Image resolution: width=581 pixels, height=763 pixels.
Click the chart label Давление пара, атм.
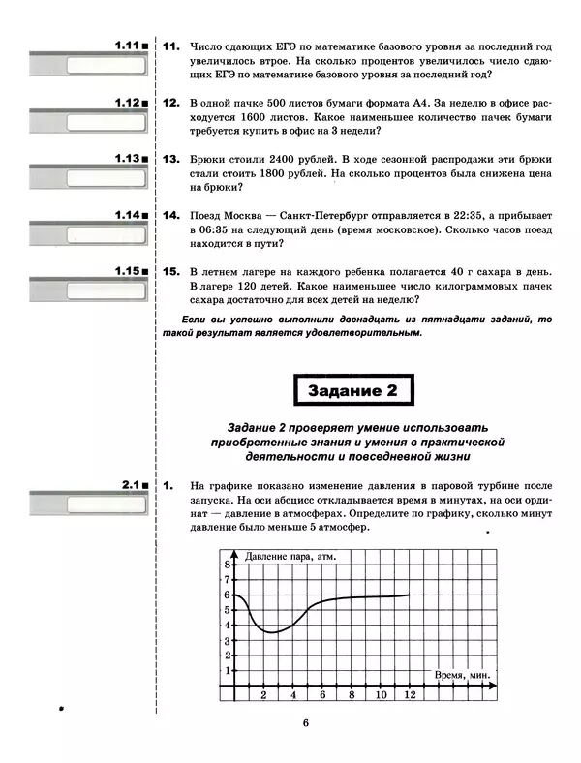pyautogui.click(x=290, y=556)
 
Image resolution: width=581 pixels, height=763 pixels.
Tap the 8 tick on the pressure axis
pyautogui.click(x=228, y=565)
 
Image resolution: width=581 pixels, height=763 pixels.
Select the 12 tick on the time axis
pyautogui.click(x=411, y=695)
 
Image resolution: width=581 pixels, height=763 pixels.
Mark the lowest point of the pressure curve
pyautogui.click(x=273, y=633)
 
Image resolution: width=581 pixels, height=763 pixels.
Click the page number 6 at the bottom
pyautogui.click(x=304, y=722)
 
